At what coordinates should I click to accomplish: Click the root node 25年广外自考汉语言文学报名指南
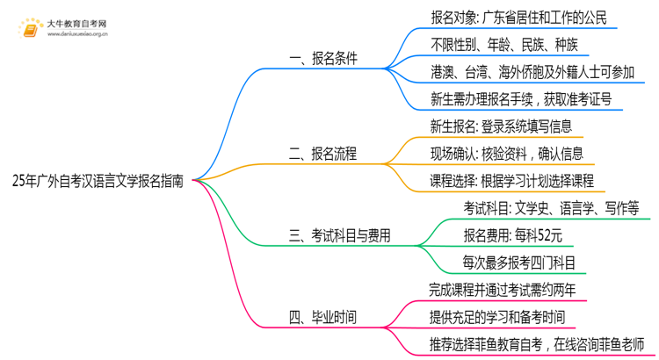(98, 182)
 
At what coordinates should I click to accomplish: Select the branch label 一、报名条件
(323, 59)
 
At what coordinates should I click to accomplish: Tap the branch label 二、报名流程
(323, 154)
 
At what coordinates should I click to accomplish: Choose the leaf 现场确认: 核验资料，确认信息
(506, 154)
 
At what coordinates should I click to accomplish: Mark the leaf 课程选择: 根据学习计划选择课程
(512, 181)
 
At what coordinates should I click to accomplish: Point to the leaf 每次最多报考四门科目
(519, 262)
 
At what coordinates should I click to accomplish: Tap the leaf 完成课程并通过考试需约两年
(503, 289)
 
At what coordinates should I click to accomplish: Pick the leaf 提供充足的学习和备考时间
(497, 316)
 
